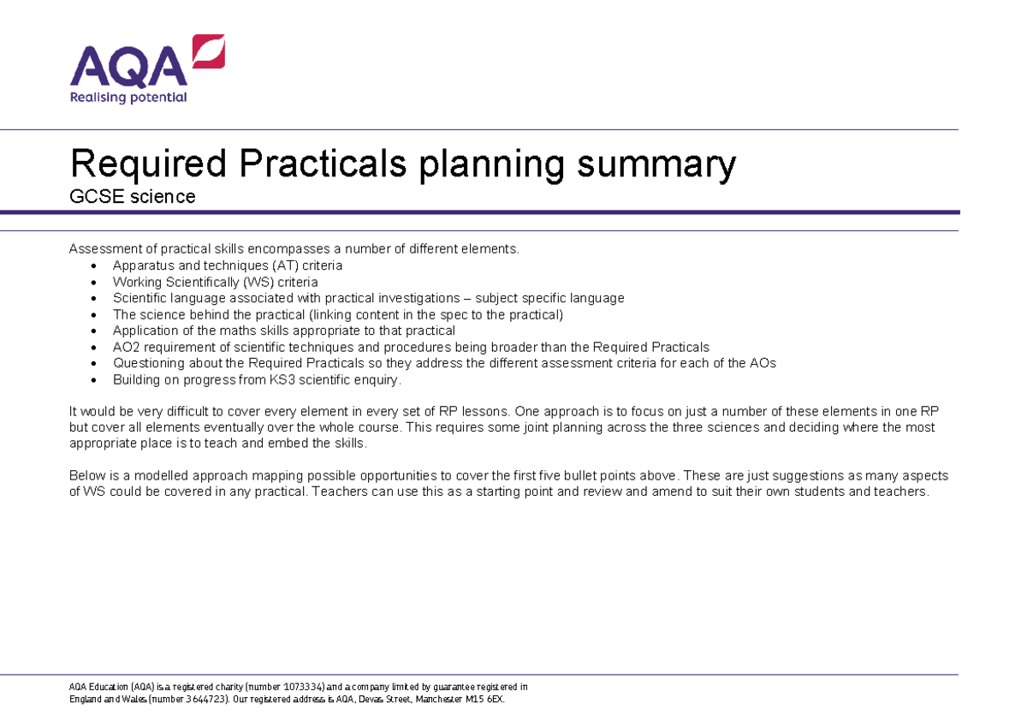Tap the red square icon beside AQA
(x=209, y=51)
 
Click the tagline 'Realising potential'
(x=128, y=98)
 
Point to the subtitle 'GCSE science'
(x=132, y=197)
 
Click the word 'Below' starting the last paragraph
(x=86, y=476)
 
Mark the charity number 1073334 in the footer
(x=296, y=687)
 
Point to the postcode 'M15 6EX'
(x=485, y=699)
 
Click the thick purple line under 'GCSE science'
(x=513, y=212)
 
